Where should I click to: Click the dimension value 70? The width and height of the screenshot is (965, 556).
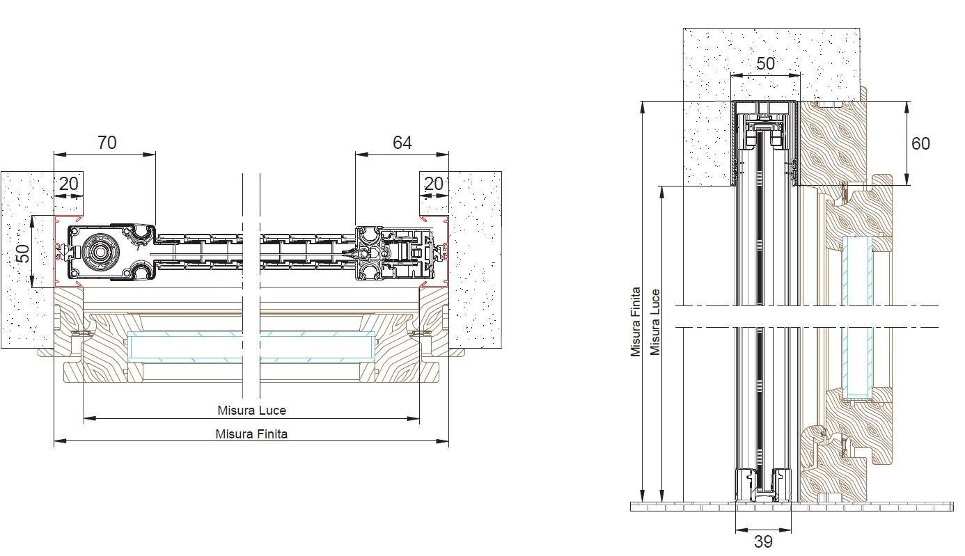point(107,143)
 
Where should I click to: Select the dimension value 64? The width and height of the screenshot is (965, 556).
point(402,143)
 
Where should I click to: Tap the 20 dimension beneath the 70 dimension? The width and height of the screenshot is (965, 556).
point(69,184)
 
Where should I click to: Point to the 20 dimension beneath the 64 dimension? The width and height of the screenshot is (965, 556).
point(433,184)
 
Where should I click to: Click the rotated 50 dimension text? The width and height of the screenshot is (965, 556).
point(24,251)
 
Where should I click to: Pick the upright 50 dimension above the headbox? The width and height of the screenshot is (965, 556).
point(765,64)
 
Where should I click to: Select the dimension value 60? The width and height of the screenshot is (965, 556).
point(920,143)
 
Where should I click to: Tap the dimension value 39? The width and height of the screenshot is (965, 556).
point(763,541)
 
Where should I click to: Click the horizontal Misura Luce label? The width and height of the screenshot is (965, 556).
point(251,410)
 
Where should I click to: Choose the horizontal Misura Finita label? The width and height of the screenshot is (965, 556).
point(251,434)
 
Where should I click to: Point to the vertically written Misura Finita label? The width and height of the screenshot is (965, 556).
point(636,322)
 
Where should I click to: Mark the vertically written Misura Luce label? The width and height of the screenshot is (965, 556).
point(655,322)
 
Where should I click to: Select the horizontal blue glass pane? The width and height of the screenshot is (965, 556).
point(251,347)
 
